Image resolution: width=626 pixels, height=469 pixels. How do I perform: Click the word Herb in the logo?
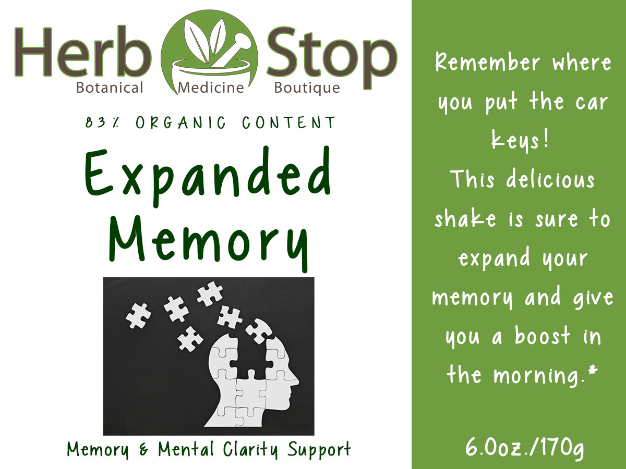click(x=83, y=52)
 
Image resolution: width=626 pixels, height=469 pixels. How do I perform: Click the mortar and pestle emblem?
click(x=209, y=52)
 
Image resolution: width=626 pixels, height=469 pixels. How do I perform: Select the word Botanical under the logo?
click(x=110, y=88)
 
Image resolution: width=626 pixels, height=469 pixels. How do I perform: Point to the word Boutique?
click(x=307, y=88)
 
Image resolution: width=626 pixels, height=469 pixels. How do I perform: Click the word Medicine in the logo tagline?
click(x=211, y=88)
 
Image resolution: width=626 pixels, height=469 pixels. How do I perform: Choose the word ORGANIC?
click(x=181, y=123)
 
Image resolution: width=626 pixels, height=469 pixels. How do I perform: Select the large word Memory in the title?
click(x=209, y=243)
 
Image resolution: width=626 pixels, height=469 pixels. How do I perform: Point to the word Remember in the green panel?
click(x=487, y=63)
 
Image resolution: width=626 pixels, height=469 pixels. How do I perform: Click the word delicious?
click(x=550, y=180)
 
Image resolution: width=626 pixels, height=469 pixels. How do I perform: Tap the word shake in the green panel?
click(x=465, y=219)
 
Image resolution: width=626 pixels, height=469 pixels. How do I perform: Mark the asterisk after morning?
click(x=593, y=370)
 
